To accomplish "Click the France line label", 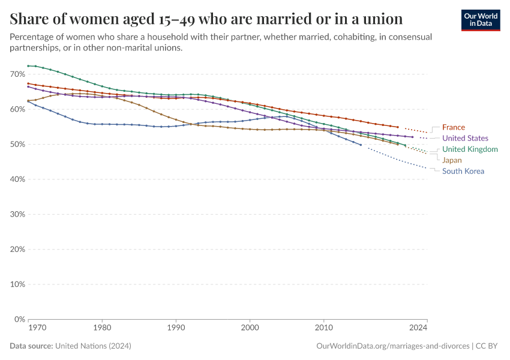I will (453, 127).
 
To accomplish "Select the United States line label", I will (465, 139).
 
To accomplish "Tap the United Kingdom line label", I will (470, 149).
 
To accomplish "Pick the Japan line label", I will (452, 160).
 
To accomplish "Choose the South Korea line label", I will (463, 171).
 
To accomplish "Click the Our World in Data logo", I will (480, 20).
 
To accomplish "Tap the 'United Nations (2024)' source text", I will (93, 346).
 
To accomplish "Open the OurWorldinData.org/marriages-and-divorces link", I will (392, 346).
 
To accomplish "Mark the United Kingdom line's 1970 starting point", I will (28, 66).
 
